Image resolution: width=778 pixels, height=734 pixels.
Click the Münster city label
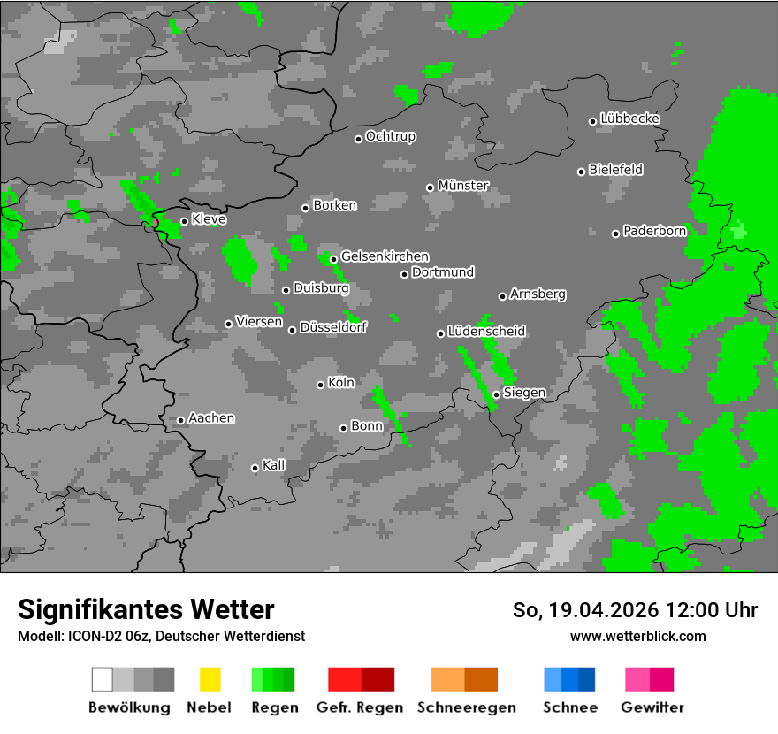tap(463, 186)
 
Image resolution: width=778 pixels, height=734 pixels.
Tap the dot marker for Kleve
tap(184, 221)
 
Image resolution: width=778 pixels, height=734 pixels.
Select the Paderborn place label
tap(655, 232)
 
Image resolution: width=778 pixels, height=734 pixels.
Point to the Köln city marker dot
tap(321, 385)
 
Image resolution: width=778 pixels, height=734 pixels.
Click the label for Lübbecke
tap(630, 119)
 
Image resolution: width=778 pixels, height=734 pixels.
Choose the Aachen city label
tap(211, 418)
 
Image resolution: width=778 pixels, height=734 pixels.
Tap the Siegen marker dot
tap(496, 394)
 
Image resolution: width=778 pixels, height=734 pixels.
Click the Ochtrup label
tap(391, 137)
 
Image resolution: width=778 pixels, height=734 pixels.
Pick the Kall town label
tap(274, 465)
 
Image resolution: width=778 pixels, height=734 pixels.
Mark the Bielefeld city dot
tap(582, 172)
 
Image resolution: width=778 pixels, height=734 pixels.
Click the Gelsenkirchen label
tap(385, 256)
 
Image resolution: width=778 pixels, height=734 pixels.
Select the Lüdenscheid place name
tap(487, 332)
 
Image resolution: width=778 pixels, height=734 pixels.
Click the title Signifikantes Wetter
tap(146, 609)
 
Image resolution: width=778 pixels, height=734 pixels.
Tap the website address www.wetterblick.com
tap(638, 636)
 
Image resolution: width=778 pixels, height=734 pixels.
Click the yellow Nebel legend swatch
tap(210, 679)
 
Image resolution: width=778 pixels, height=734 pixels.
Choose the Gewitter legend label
tap(652, 707)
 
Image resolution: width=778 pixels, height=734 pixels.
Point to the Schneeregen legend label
tap(467, 707)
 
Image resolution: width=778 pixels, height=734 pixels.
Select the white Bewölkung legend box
tap(103, 679)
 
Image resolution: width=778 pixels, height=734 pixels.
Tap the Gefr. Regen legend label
tap(360, 707)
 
